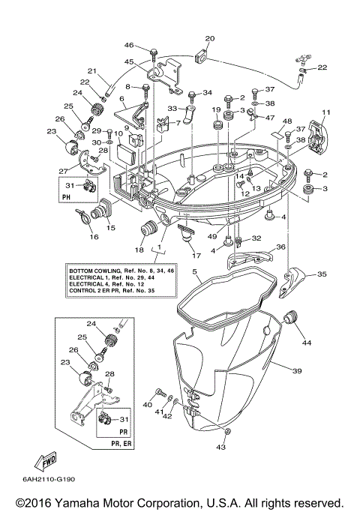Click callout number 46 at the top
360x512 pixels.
(128, 46)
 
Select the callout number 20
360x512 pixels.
(209, 38)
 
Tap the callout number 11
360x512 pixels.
(325, 113)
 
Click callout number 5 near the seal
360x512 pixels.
(194, 271)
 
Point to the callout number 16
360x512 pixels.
(94, 238)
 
